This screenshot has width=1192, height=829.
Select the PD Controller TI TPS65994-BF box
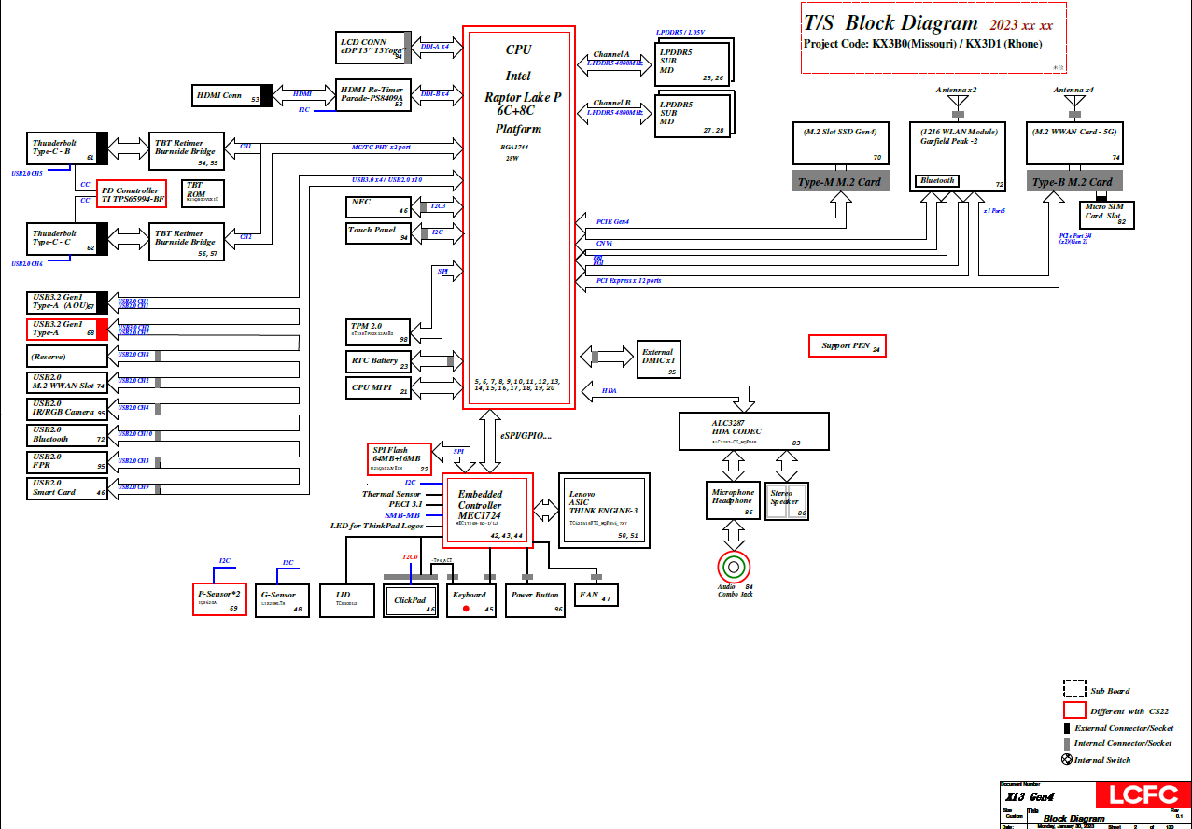(x=132, y=194)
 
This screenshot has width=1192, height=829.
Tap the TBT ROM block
(x=202, y=192)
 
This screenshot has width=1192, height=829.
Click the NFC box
(x=377, y=205)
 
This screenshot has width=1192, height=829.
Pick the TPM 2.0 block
(x=377, y=330)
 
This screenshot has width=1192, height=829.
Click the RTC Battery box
(x=377, y=361)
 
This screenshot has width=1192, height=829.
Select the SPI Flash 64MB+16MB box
(x=400, y=457)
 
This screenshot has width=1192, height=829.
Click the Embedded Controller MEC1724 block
(x=486, y=510)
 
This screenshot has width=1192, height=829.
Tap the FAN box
(x=595, y=595)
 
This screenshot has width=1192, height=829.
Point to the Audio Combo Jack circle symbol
(x=734, y=567)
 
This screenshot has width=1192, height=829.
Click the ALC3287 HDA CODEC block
(x=754, y=431)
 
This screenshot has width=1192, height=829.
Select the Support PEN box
(x=846, y=345)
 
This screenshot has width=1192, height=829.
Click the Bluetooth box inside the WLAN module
(x=937, y=181)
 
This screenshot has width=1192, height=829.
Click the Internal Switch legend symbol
(x=1067, y=759)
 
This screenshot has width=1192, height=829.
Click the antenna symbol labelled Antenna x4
(x=1073, y=101)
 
